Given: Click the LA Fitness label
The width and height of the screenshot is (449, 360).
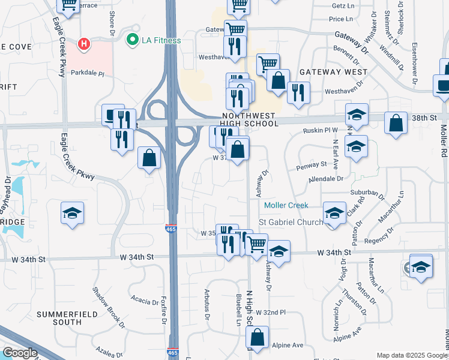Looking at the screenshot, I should pos(161,41).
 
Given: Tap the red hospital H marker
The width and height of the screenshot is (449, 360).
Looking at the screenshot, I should pos(85,44).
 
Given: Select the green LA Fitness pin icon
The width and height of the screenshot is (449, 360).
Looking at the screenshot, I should pos(131,40).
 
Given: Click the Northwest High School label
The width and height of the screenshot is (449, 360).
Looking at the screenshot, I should pos(250,119).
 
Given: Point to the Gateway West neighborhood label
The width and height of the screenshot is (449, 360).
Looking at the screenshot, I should pos(333,71).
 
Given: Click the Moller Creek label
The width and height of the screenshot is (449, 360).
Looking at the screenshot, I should pos(286,205).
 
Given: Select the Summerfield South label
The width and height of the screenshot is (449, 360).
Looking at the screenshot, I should pos(67,318).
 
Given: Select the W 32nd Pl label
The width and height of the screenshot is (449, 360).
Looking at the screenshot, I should pos(270,313).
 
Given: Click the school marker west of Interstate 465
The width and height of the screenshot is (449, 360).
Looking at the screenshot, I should pos(72,213).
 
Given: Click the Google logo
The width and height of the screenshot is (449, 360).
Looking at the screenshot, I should pos(20,353).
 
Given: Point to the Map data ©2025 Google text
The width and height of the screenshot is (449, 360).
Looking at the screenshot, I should pos(411,355).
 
